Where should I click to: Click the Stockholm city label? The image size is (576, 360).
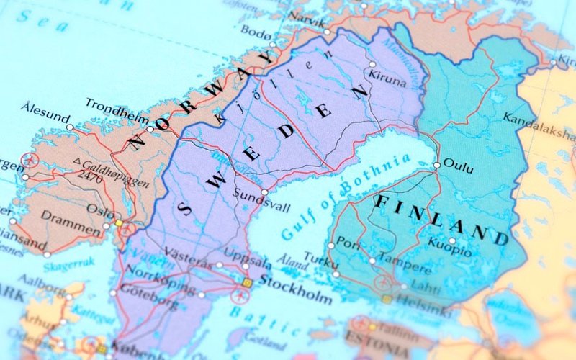click(x=295, y=279)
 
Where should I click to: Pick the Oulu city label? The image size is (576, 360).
click(x=459, y=166)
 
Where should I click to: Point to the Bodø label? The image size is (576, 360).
click(x=257, y=32)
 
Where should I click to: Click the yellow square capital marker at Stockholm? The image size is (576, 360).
click(x=247, y=283)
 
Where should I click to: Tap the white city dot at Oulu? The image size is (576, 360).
click(x=436, y=165)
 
